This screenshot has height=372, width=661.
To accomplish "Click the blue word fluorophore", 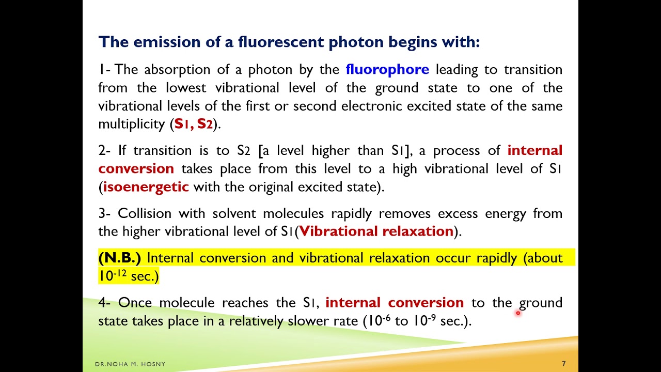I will [387, 69].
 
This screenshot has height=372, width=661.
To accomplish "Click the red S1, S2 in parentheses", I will [194, 124].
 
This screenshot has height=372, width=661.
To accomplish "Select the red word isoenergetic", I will [146, 187].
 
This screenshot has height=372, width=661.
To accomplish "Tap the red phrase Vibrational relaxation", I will [376, 231].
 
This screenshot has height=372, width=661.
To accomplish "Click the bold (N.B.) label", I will [119, 257].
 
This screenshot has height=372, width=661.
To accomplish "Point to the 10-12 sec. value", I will [128, 276].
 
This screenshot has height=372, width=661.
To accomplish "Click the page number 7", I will [564, 364].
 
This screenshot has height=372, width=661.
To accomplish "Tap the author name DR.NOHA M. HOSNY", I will [130, 364].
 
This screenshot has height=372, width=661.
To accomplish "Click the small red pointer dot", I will [517, 313].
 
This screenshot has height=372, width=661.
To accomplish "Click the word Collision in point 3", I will [145, 213].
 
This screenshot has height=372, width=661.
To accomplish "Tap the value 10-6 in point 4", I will [378, 320].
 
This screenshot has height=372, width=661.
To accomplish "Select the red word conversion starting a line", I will [136, 168].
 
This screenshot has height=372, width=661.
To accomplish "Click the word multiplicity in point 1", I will [132, 124].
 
